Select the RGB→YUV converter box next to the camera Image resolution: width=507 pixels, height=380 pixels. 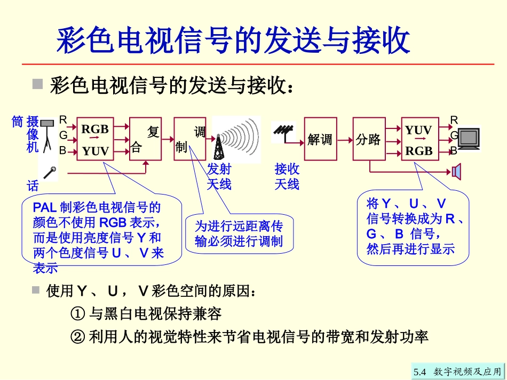pos(95,139)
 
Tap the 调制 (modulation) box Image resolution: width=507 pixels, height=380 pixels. pos(190,139)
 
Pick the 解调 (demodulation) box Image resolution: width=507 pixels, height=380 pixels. pos(320,139)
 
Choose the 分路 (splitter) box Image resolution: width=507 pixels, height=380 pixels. pos(369,139)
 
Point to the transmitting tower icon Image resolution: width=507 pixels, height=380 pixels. pos(219,146)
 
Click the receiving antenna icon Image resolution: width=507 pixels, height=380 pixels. pos(282,131)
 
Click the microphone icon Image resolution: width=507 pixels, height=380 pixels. pos(51,172)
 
